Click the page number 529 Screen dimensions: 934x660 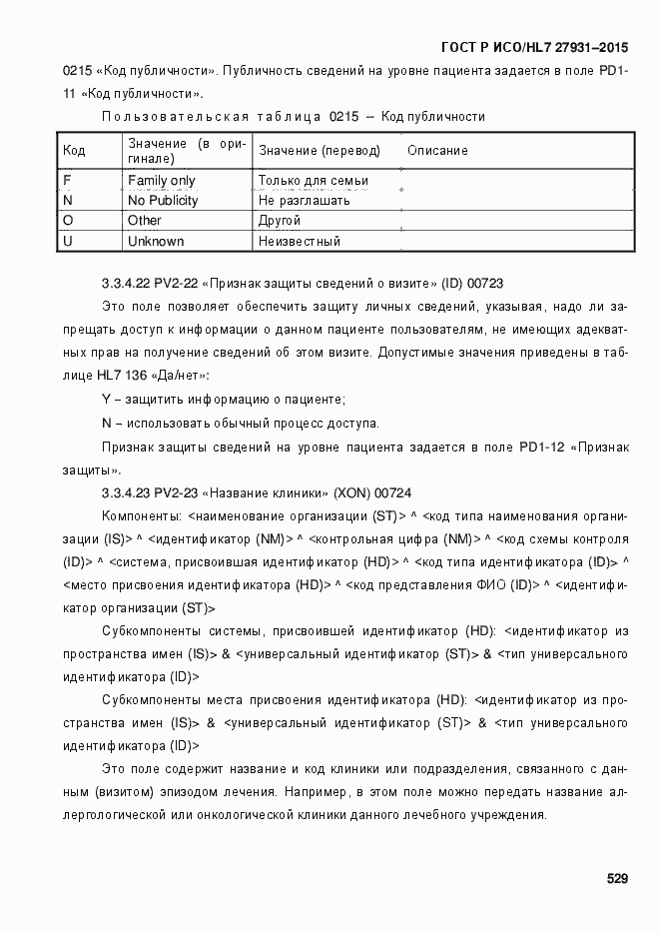[616, 879]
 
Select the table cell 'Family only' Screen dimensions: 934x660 [161, 181]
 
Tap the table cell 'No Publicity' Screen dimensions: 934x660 [163, 200]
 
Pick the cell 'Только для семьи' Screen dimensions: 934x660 [313, 181]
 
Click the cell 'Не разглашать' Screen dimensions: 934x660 [304, 200]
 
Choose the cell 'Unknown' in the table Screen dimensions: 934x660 [156, 241]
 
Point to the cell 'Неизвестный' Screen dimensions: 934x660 [299, 241]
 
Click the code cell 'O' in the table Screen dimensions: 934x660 [68, 220]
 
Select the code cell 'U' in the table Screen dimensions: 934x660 [68, 241]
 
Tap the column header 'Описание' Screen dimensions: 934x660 [437, 150]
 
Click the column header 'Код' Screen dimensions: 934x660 [74, 150]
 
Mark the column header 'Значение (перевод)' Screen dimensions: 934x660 [320, 150]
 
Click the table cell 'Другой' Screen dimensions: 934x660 [279, 220]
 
